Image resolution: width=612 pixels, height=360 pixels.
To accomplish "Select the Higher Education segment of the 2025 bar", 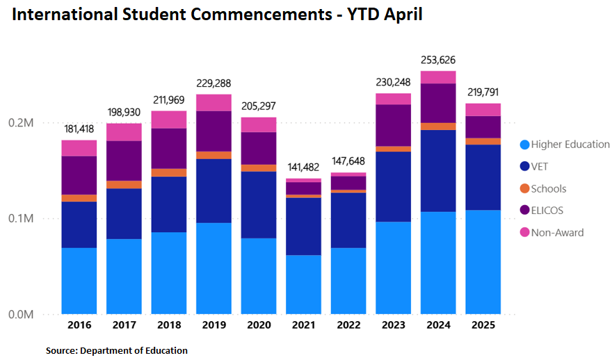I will point(483,261).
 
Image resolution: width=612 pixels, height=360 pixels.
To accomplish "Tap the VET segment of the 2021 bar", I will point(304,226).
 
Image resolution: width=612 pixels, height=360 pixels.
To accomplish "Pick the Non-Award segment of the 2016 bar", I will point(79,147).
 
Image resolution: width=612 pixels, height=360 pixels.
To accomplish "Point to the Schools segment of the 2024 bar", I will point(438,126).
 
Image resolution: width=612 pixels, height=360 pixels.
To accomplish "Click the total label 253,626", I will point(438,60).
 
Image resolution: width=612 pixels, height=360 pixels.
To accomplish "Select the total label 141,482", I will point(304,167).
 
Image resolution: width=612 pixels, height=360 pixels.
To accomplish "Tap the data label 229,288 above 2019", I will point(214,82).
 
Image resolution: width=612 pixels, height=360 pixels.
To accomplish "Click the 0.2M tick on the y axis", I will point(20,123).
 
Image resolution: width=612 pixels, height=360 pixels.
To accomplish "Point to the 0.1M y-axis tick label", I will point(20,218).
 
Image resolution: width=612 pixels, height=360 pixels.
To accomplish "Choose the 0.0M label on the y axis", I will point(20,314).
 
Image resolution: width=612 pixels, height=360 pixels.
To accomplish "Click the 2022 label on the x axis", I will point(348,325).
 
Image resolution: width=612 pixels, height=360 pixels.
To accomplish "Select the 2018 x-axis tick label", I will point(169,325).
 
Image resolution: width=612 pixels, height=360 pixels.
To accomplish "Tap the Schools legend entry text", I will point(549,188).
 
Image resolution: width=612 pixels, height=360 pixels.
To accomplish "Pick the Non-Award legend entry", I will point(557,232).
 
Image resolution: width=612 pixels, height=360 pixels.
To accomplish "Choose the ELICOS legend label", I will point(548,211).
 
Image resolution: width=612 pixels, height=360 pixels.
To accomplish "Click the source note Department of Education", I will point(117,350).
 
